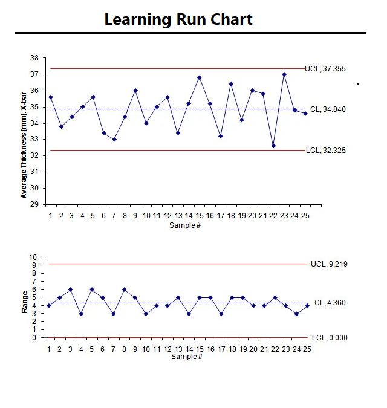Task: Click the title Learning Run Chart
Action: point(178,19)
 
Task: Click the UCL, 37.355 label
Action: point(325,69)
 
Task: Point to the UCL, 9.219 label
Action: point(329,264)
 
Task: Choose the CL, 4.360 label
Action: point(330,303)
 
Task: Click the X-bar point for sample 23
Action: point(284,74)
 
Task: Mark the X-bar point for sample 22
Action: point(273,146)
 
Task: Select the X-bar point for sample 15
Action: point(199,77)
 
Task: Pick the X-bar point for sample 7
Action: point(114,139)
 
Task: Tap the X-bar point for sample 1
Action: point(51,97)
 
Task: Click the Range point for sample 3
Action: point(71,290)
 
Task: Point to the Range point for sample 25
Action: point(307,306)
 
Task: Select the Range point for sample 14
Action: point(188,314)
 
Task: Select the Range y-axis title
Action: point(25,302)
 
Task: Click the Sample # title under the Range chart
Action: point(186,357)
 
